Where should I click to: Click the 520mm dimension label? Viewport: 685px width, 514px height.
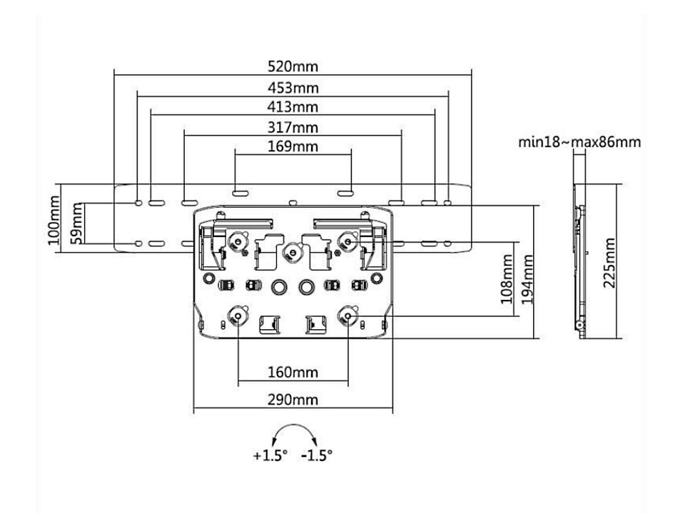click(x=293, y=66)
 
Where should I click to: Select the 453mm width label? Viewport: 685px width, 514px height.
click(x=293, y=89)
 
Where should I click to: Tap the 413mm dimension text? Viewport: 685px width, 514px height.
click(x=293, y=108)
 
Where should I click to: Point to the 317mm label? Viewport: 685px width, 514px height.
click(x=293, y=128)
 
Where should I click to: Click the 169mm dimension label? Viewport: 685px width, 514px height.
click(x=293, y=147)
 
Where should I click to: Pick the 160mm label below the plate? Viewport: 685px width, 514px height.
click(x=293, y=373)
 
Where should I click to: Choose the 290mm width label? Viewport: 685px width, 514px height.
click(x=293, y=400)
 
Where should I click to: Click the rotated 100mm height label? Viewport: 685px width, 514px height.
click(x=54, y=218)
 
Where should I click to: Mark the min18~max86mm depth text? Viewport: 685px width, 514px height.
click(x=579, y=142)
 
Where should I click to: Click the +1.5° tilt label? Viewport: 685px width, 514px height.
click(x=269, y=455)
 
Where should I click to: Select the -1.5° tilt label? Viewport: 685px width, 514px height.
click(x=317, y=455)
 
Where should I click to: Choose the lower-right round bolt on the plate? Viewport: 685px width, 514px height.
click(x=348, y=316)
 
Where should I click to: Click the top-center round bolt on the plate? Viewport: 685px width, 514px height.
click(x=290, y=251)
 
